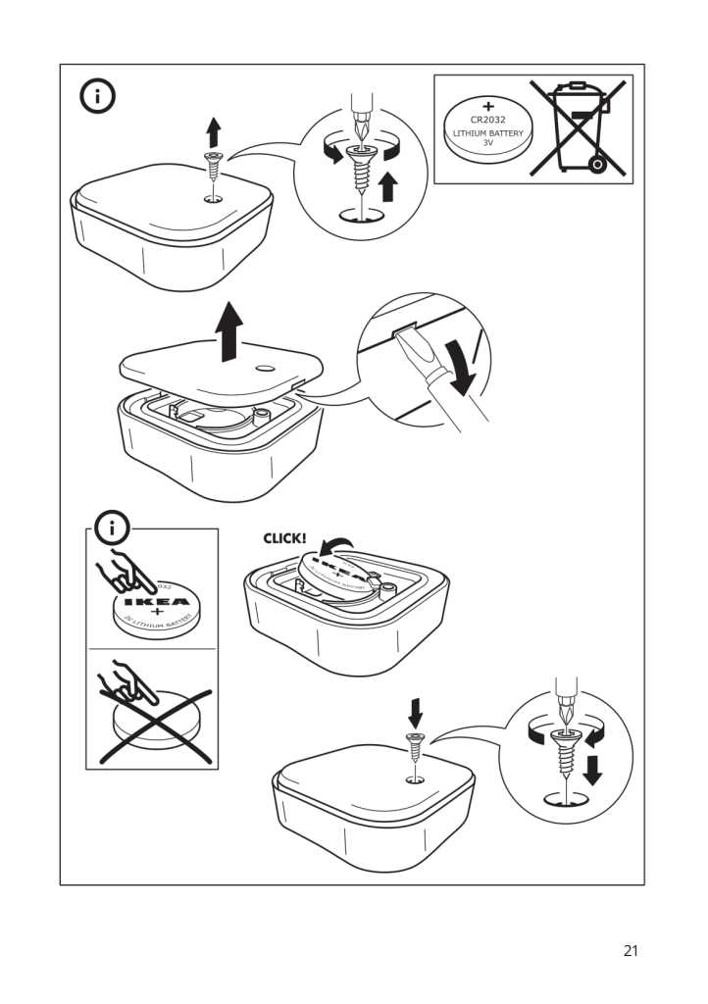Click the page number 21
click(x=631, y=950)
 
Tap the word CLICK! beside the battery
click(x=283, y=538)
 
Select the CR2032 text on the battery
click(x=487, y=119)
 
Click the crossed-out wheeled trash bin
click(x=580, y=126)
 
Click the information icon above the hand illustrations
click(x=112, y=529)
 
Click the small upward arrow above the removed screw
click(x=213, y=130)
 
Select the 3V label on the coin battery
click(x=487, y=143)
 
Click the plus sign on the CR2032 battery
click(x=487, y=104)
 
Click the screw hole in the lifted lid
click(x=266, y=370)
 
